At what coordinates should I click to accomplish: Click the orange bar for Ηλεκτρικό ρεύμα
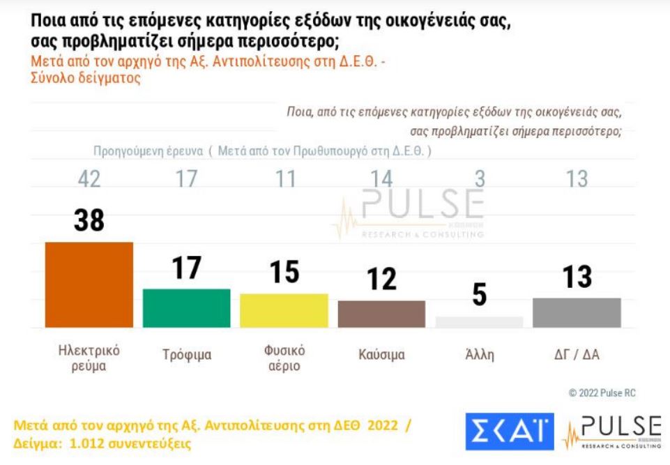89,284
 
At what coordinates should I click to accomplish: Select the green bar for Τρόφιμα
186,307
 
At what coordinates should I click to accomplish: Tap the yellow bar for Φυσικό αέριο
284,310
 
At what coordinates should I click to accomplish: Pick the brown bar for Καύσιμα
381,314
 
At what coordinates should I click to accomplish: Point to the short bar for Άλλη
479,321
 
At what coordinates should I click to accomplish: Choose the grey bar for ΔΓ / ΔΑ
577,312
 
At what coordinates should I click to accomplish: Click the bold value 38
89,220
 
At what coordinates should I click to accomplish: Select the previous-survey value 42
89,179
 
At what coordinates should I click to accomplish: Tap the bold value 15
284,272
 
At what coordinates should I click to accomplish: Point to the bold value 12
381,280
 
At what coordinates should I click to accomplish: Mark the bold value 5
479,294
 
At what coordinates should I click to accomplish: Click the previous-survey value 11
284,179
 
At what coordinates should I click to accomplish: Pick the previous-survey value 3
479,179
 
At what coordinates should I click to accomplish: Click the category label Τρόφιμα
186,355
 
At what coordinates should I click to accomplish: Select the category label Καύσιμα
381,355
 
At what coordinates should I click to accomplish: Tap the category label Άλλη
479,355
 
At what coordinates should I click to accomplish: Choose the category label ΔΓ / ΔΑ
577,355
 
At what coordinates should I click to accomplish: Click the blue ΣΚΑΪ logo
509,432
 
